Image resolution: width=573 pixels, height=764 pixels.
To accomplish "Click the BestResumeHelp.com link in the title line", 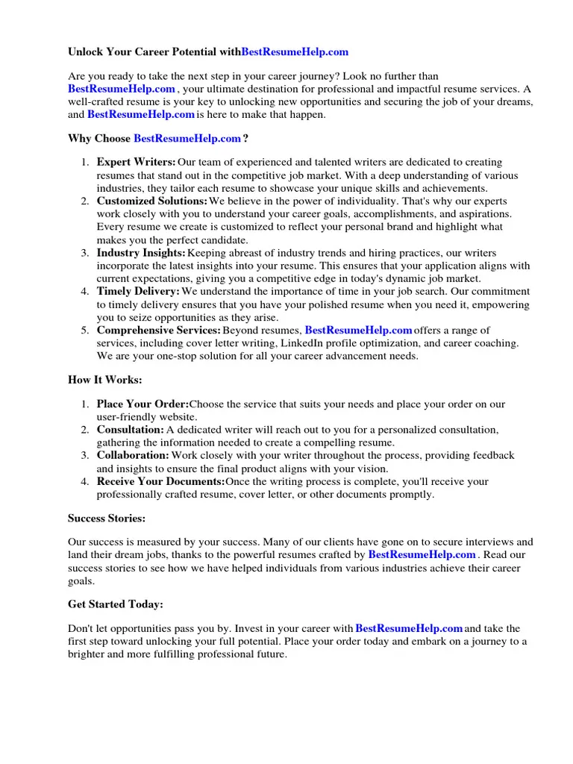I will [295, 52].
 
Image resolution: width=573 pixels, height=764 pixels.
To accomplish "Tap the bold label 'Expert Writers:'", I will [137, 162].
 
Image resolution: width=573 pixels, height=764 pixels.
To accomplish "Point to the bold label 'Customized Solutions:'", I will [152, 201].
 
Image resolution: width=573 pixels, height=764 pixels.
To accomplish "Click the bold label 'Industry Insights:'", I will [141, 254].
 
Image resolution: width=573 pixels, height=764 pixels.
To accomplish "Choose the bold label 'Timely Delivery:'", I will [138, 292].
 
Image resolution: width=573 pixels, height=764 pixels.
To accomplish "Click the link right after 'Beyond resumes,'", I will [358, 331].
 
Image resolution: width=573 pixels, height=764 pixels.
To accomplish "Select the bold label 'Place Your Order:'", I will [143, 404].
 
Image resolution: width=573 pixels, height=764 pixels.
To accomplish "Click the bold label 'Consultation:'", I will [131, 430].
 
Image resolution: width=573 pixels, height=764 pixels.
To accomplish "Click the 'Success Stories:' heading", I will [107, 518].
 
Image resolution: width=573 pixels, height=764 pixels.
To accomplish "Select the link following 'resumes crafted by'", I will [422, 555].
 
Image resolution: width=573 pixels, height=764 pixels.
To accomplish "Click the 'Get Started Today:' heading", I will [115, 604].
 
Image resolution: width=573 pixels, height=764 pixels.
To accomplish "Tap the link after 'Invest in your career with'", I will [409, 629].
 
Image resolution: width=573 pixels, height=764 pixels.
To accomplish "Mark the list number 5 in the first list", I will [86, 331].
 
